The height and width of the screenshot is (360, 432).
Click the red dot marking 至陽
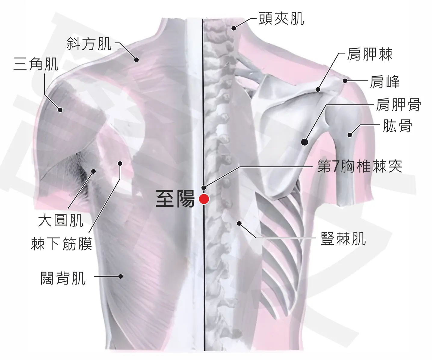(x=204, y=199)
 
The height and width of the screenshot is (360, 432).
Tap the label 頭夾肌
(x=282, y=18)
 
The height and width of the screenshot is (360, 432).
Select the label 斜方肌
(x=89, y=44)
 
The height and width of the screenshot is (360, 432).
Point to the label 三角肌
(x=36, y=64)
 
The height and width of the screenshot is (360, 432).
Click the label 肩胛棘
(x=370, y=54)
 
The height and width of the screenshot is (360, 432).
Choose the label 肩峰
(x=385, y=82)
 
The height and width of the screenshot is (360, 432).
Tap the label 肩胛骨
(x=399, y=104)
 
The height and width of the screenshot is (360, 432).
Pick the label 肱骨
(x=397, y=126)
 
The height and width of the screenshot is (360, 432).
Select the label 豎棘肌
(x=343, y=239)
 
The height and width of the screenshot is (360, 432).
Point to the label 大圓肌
(x=61, y=221)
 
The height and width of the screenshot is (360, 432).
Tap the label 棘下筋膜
(x=61, y=244)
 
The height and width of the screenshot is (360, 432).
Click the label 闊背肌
(x=63, y=278)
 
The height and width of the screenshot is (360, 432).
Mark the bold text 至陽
(x=175, y=199)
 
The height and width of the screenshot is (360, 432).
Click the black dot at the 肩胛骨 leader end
(x=304, y=142)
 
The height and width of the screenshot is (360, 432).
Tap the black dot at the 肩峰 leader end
(x=345, y=81)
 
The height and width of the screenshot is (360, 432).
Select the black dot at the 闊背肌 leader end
(x=121, y=276)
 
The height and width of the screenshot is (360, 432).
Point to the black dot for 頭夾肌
(x=233, y=28)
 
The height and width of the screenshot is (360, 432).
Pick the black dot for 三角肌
(x=60, y=110)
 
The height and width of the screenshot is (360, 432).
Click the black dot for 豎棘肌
(x=239, y=223)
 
